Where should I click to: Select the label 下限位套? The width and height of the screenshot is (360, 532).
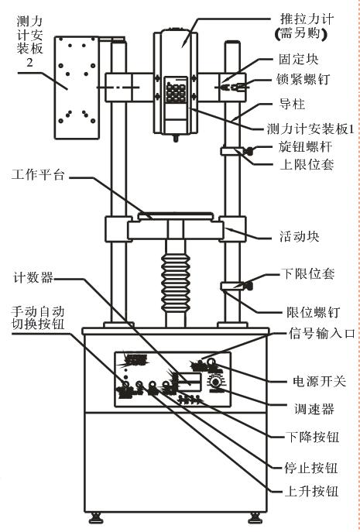[307, 273]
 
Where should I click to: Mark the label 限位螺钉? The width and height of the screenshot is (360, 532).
[307, 313]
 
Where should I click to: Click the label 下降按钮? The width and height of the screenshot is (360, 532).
[307, 438]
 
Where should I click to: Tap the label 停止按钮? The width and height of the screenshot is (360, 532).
[307, 467]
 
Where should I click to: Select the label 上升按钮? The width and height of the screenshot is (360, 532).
[307, 492]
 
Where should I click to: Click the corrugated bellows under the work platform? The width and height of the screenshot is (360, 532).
[177, 276]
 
